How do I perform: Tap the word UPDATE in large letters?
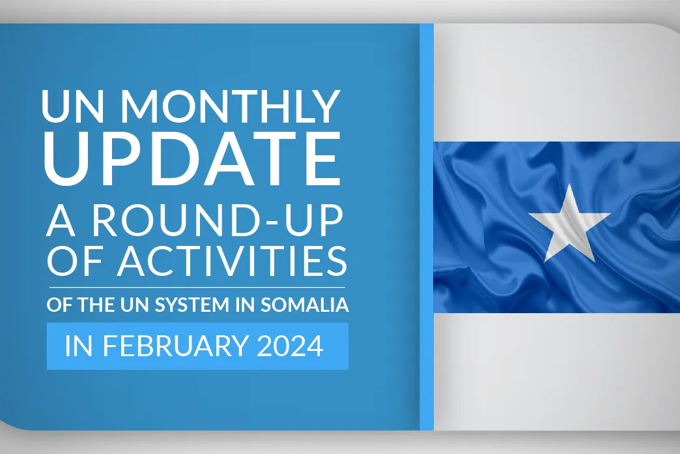click(x=192, y=158)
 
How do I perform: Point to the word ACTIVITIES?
click(x=232, y=261)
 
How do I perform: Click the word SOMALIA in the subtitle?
click(x=304, y=305)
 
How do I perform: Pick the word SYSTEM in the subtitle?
click(x=191, y=305)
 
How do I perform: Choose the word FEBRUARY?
click(x=175, y=346)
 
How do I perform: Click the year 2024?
click(x=290, y=346)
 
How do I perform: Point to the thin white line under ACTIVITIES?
click(x=197, y=288)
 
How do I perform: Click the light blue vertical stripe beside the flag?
click(x=427, y=227)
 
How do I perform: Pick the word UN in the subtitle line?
click(x=135, y=305)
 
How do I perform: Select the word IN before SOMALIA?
click(x=245, y=305)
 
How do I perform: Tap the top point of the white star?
click(x=569, y=184)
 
